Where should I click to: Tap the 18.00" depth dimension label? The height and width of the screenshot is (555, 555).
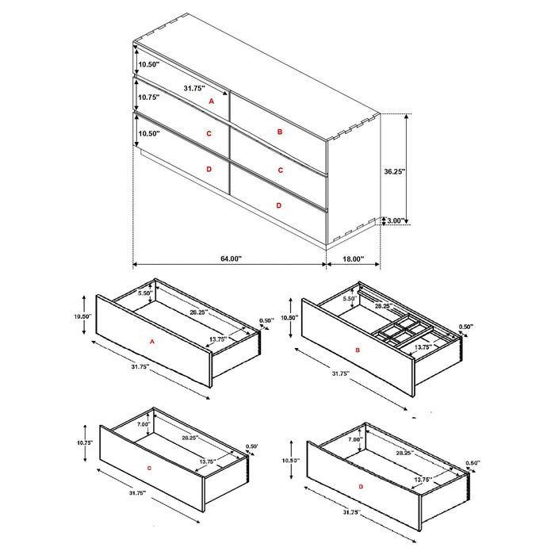click(353, 258)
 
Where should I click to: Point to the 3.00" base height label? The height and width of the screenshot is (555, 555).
click(395, 220)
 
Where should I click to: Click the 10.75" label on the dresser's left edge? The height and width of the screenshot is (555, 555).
click(149, 98)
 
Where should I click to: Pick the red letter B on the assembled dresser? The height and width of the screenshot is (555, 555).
click(280, 132)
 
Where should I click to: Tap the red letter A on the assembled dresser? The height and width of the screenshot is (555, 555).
click(211, 101)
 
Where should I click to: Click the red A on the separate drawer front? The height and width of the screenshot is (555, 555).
click(151, 342)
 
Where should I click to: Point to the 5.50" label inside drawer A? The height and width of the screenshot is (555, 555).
click(144, 293)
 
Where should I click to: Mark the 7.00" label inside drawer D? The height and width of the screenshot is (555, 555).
click(354, 438)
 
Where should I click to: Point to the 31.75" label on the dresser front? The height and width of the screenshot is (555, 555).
click(194, 88)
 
